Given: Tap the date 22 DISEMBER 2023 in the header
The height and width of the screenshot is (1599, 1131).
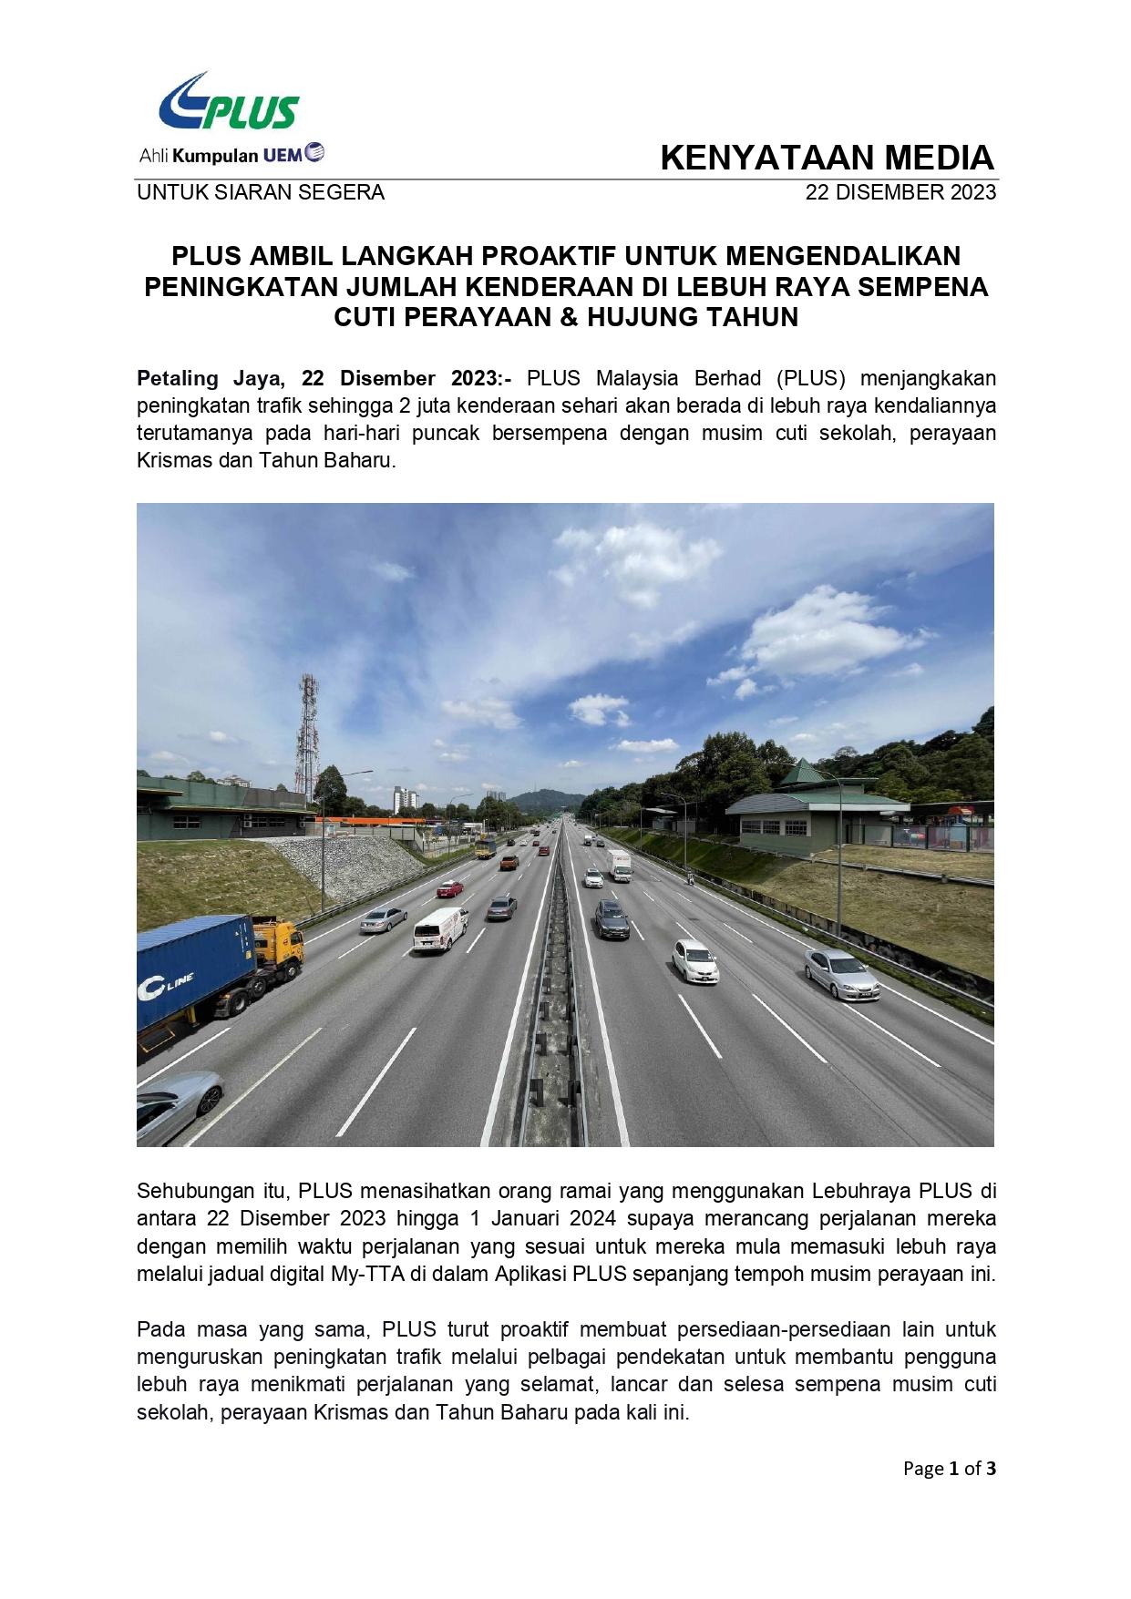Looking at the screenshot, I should click(x=900, y=192).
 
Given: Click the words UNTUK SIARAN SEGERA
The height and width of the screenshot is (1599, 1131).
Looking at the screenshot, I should click(x=261, y=192).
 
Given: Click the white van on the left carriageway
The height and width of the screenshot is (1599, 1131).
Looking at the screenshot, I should click(x=440, y=928).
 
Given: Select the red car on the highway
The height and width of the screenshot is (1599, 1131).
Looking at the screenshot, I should click(x=449, y=888).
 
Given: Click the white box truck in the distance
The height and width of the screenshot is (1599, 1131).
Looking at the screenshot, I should click(x=620, y=865).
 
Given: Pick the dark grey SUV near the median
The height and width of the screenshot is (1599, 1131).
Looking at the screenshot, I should click(x=612, y=919).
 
